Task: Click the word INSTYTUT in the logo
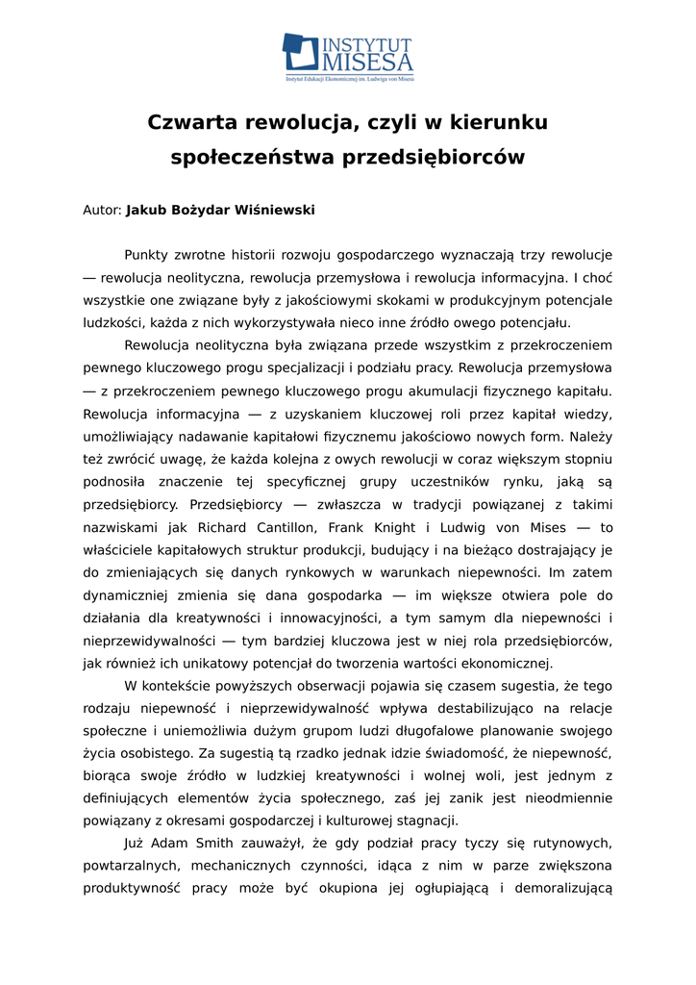click(x=365, y=45)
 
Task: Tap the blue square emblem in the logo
click(x=299, y=52)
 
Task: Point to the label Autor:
click(x=102, y=210)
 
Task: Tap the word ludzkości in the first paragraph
click(x=113, y=323)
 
